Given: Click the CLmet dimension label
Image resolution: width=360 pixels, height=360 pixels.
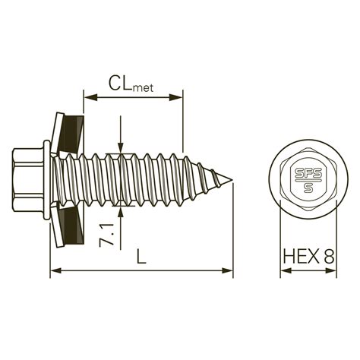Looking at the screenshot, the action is [x=131, y=84].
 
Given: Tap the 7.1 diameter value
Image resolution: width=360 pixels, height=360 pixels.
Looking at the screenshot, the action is [x=106, y=235].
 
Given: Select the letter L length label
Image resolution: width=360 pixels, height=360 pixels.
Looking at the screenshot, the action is [x=141, y=256].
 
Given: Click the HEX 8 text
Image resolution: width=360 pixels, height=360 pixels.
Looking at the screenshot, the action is [x=309, y=256].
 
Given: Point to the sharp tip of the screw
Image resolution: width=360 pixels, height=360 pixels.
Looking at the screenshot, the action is [x=232, y=180].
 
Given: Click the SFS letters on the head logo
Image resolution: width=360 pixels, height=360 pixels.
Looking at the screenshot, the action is [x=308, y=173].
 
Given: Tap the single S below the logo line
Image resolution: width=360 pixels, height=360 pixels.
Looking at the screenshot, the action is [x=308, y=188].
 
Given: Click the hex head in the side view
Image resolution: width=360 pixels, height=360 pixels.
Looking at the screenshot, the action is [x=28, y=180].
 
